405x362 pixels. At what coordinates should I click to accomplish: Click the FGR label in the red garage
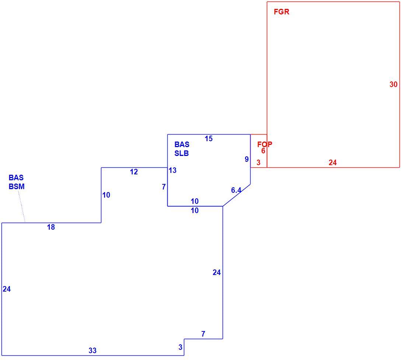coord(281,12)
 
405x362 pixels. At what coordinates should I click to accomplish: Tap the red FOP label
coord(265,144)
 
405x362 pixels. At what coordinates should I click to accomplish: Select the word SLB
coord(181,153)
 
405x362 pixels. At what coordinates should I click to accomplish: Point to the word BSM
coord(17,186)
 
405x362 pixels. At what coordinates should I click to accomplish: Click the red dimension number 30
coord(393,84)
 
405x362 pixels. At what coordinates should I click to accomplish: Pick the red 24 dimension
coord(333,163)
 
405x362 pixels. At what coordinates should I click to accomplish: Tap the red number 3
coord(258,163)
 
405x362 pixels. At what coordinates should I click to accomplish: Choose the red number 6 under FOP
coord(263,151)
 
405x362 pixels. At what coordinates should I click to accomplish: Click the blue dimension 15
coord(209,139)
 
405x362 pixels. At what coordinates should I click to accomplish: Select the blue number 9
coord(247,159)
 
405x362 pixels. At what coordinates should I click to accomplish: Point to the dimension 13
coord(172,170)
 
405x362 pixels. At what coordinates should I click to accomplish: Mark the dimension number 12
coord(134,172)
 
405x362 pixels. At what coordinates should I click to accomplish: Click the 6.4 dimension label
coord(236,190)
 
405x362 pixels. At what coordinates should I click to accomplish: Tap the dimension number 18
coord(51,227)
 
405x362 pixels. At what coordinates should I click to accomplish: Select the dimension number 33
coord(92,351)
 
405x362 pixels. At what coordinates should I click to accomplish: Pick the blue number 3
coord(180,347)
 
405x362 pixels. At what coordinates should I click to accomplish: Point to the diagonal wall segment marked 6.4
coord(236,195)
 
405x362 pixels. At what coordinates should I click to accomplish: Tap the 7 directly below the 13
coord(164,187)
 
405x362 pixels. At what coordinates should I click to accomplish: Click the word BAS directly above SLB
coord(182,145)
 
